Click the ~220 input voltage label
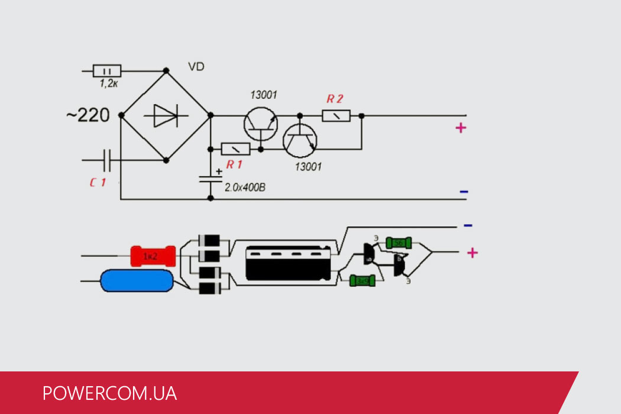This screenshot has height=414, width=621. coord(88,115)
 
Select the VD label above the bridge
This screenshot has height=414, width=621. coord(196,67)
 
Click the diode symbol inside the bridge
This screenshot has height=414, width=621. coord(165,115)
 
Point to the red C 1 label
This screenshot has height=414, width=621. coord(98,183)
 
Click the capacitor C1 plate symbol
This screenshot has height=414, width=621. coord(107,160)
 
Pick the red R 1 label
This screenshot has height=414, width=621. coord(234,164)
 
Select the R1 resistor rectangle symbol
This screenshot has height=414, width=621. coord(235,149)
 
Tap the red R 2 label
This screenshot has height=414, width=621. coord(335,99)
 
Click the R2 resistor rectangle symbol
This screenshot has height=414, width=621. coord(336,115)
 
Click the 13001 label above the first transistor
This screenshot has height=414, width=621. coord(263,95)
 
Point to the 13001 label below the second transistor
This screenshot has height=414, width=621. coord(308,167)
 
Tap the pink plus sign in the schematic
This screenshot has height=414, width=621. coord(461,128)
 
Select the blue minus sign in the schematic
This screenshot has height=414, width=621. coord(464,192)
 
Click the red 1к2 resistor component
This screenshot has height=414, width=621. coord(152,256)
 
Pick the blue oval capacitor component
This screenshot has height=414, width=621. coord(137,280)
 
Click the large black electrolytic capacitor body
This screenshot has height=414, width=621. coord(289,263)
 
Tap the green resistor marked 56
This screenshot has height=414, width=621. coord(399,242)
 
